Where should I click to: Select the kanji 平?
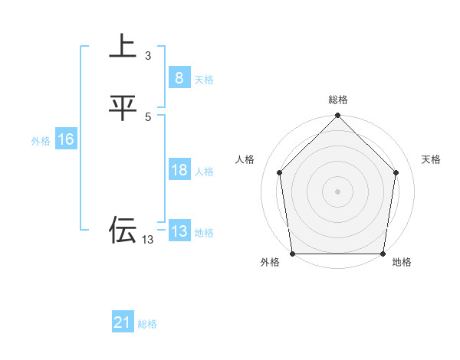(x=122, y=108)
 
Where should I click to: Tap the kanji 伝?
(x=122, y=230)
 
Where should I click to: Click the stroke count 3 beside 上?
(x=148, y=56)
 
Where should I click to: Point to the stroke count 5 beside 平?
(x=148, y=116)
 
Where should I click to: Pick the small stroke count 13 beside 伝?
(x=147, y=240)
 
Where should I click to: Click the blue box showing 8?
(x=179, y=77)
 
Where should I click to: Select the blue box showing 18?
(x=179, y=170)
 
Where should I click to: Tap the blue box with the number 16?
(x=65, y=139)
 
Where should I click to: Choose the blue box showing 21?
(x=123, y=323)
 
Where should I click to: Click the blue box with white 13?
(x=179, y=231)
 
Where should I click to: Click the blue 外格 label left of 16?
(x=41, y=141)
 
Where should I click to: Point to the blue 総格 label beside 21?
(x=147, y=324)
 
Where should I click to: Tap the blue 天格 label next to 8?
(x=204, y=79)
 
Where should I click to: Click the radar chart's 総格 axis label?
(x=338, y=100)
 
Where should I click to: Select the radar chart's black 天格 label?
(x=432, y=159)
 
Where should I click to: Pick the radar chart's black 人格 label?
(x=245, y=159)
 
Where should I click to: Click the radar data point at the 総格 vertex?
(x=338, y=116)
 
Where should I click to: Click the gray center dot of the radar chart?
(x=338, y=191)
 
